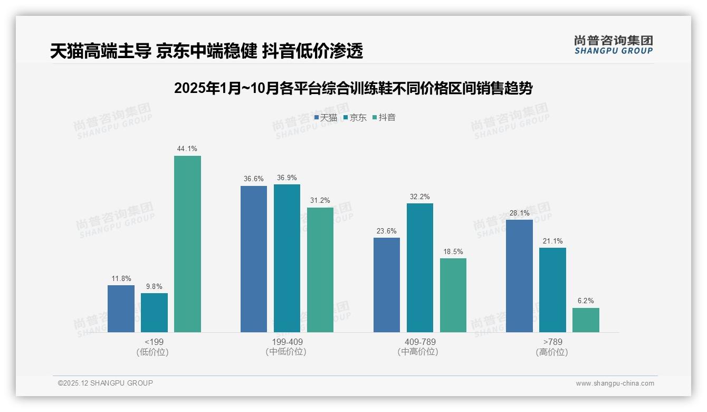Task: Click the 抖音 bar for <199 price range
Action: click(187, 244)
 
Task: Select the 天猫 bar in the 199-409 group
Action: click(254, 259)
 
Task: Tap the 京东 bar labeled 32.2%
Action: click(420, 268)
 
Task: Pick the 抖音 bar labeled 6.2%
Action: click(586, 320)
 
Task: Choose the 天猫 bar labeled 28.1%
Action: click(519, 276)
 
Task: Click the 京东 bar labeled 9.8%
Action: click(154, 313)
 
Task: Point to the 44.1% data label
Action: click(187, 149)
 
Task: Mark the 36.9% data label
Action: click(287, 178)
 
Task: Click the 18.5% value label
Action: click(453, 252)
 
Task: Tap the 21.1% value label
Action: click(552, 241)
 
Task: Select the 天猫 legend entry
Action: click(326, 118)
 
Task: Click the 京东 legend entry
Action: click(355, 118)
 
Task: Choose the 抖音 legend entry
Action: click(384, 118)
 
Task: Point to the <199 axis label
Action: click(154, 342)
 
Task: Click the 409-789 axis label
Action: click(420, 342)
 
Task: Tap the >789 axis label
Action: click(552, 342)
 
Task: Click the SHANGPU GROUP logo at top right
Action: click(613, 45)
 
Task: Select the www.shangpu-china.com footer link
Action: click(615, 383)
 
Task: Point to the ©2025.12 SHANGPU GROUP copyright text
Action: click(106, 383)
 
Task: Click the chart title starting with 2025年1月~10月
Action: click(353, 88)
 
